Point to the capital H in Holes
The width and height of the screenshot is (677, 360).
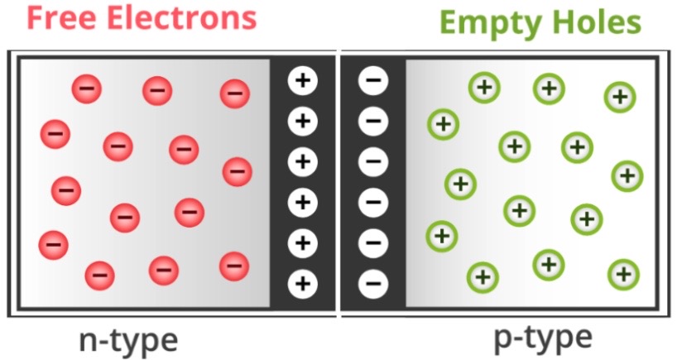pyautogui.click(x=559, y=22)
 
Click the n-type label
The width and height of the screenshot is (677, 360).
pyautogui.click(x=127, y=339)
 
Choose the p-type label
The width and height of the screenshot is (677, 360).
pyautogui.click(x=543, y=338)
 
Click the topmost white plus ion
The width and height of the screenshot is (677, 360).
pyautogui.click(x=302, y=81)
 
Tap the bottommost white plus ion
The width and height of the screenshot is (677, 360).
pyautogui.click(x=302, y=284)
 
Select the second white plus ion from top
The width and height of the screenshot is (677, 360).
pyautogui.click(x=302, y=122)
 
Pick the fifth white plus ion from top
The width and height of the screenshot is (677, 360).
pyautogui.click(x=302, y=243)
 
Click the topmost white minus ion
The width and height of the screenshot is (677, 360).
pyautogui.click(x=372, y=81)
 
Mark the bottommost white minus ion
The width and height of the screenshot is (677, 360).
pyautogui.click(x=372, y=284)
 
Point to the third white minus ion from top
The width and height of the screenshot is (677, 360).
pyautogui.click(x=372, y=162)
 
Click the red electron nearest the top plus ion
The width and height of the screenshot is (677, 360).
pyautogui.click(x=235, y=94)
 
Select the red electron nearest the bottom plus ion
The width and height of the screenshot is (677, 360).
pyautogui.click(x=234, y=266)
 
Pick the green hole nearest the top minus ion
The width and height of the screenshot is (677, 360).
pyautogui.click(x=443, y=125)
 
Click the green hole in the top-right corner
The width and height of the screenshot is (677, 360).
pyautogui.click(x=620, y=97)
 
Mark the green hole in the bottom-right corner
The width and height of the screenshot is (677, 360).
pyautogui.click(x=623, y=274)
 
